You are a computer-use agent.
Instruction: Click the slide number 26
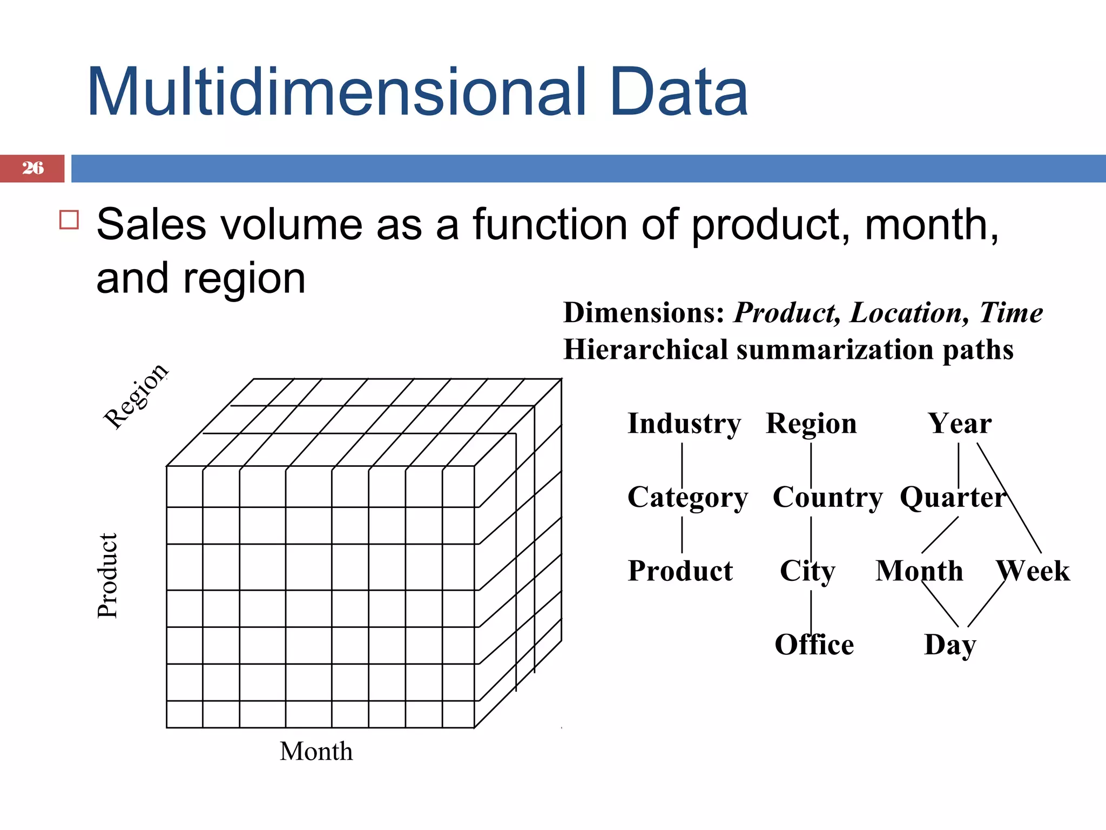tap(33, 168)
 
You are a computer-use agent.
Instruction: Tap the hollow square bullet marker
tap(69, 220)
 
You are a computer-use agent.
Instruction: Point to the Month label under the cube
tap(316, 751)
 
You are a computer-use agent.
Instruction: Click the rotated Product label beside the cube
tap(107, 575)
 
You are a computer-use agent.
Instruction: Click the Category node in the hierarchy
tap(687, 497)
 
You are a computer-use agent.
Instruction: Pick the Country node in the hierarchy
tap(827, 497)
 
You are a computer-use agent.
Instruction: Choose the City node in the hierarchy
tap(807, 571)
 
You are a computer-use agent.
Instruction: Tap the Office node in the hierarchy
tap(814, 645)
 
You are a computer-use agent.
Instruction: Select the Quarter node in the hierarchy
tap(953, 497)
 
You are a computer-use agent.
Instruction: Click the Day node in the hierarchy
tap(950, 645)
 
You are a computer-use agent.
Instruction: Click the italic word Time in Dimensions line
tap(1011, 313)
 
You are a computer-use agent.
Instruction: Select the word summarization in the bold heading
tap(835, 350)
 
